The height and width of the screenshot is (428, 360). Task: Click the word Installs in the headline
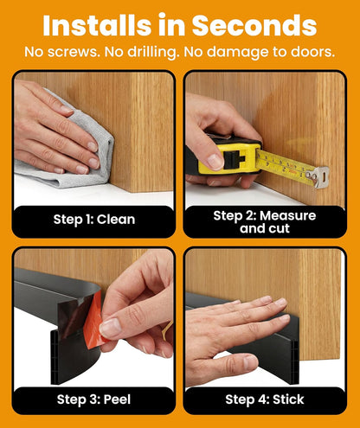97,25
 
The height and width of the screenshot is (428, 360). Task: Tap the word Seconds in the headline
254,25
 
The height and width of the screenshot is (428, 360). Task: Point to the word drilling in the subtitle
152,53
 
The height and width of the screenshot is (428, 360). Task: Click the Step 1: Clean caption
94,220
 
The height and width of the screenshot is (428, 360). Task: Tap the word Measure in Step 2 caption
287,215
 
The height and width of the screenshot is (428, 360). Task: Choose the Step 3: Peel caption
93,399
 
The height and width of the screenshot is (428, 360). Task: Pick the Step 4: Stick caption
265,399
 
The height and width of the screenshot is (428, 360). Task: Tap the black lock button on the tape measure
235,159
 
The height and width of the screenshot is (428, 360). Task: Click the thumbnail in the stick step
250,362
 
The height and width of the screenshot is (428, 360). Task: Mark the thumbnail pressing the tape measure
215,162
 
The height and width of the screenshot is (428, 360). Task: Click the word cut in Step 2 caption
279,228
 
